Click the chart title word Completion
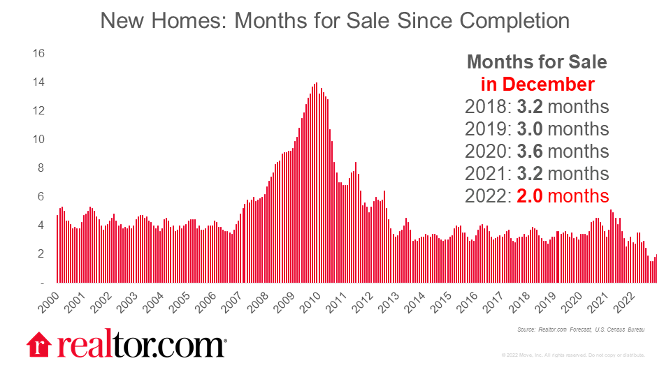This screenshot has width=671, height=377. (514, 20)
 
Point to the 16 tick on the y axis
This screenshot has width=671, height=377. (39, 54)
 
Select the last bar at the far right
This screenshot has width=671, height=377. (656, 269)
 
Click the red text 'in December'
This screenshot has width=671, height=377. (537, 84)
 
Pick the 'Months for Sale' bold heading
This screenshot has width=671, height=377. (537, 62)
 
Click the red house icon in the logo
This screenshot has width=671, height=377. (39, 345)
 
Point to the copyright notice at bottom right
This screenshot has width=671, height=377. (573, 355)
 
